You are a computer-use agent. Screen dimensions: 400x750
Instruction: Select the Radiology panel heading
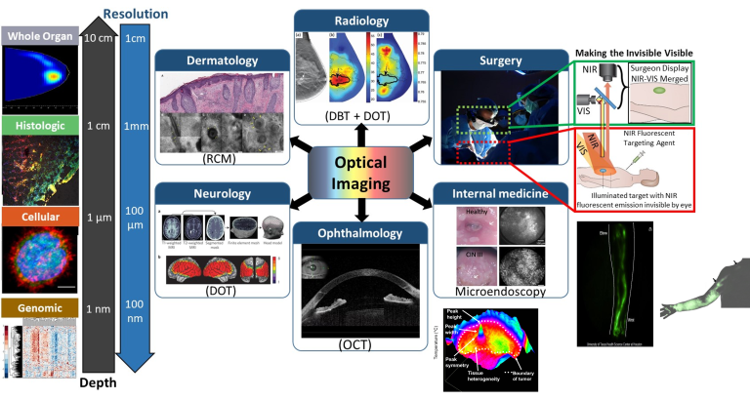pos(361,20)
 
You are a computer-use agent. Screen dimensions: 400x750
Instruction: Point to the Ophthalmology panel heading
pos(361,233)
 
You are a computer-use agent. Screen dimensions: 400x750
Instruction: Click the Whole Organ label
pos(39,36)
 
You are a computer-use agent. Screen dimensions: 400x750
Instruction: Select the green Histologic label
pos(39,125)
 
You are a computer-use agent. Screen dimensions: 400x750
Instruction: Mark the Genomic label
pos(39,308)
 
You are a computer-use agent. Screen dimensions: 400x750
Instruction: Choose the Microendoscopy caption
pos(500,291)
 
